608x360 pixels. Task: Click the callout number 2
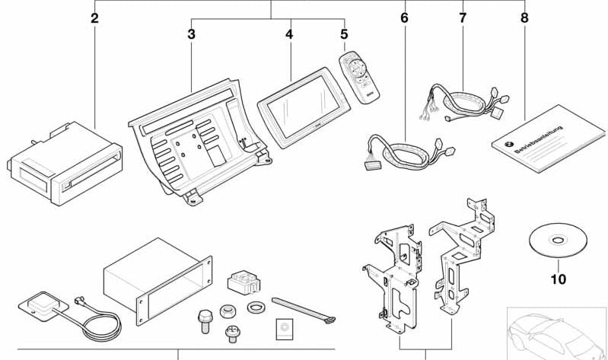pyautogui.click(x=94, y=18)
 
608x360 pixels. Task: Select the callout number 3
pyautogui.click(x=192, y=35)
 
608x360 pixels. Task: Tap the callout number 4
pyautogui.click(x=289, y=35)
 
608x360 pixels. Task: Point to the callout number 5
pyautogui.click(x=344, y=35)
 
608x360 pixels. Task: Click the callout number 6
pyautogui.click(x=404, y=18)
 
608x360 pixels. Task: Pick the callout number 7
pyautogui.click(x=463, y=18)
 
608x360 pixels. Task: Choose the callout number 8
pyautogui.click(x=524, y=18)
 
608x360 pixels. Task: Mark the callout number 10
pyautogui.click(x=558, y=279)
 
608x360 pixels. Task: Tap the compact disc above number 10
pyautogui.click(x=558, y=241)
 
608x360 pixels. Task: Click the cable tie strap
pyautogui.click(x=299, y=309)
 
